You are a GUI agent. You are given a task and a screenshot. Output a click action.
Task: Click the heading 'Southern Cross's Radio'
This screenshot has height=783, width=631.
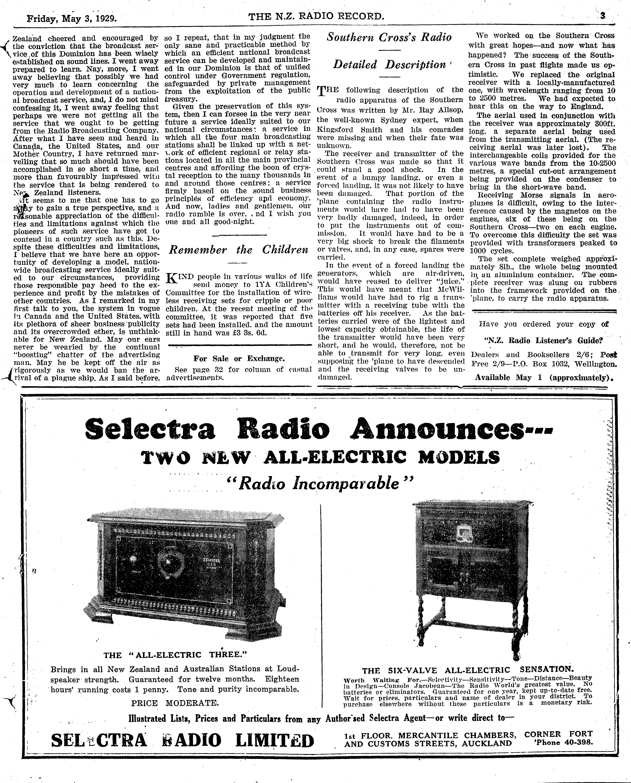click(389, 37)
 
